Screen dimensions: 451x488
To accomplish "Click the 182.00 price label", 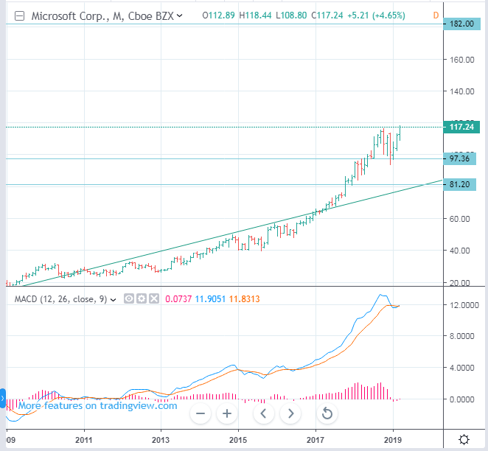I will click(x=460, y=24).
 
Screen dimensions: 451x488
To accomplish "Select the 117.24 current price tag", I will click(x=460, y=127).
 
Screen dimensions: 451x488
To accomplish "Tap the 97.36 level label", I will click(x=460, y=158).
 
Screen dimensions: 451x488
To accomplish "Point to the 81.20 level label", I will click(x=460, y=184).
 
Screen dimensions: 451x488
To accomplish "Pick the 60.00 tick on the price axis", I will click(x=461, y=219).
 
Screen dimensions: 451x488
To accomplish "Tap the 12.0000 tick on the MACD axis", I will click(x=464, y=304).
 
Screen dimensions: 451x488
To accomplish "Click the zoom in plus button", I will click(x=227, y=413).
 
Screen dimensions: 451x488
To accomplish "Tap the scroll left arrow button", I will click(x=263, y=413).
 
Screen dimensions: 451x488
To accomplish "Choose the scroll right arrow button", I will click(x=291, y=413).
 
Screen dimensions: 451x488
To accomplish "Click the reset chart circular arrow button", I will click(x=327, y=413).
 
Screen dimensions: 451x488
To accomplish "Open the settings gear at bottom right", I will click(x=464, y=440).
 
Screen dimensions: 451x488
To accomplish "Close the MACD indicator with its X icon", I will click(x=153, y=298).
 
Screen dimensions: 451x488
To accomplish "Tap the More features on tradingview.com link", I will click(x=97, y=405).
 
